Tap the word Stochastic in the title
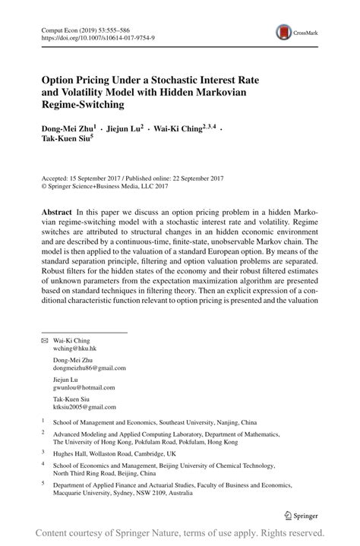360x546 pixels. (199, 77)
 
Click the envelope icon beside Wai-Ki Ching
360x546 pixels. (44, 341)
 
